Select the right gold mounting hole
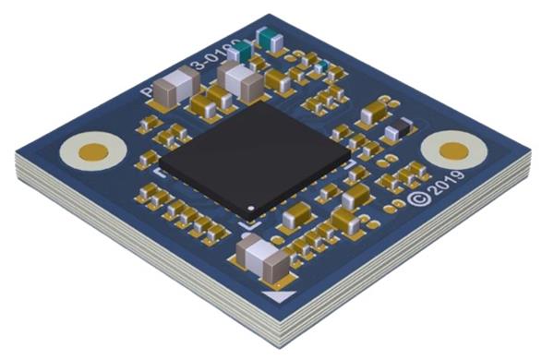(454, 150)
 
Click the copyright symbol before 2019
(418, 198)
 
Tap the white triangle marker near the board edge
(277, 295)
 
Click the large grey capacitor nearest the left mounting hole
(172, 91)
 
